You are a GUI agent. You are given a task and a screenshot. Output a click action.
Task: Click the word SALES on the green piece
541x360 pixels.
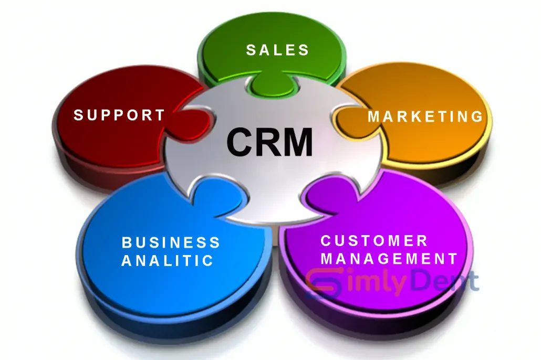(277, 50)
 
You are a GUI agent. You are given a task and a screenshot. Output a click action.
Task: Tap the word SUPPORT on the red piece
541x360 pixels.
(119, 115)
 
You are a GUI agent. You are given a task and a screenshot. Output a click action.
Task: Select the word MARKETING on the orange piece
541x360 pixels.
(425, 117)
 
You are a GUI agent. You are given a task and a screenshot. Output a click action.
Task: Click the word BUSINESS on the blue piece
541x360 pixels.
(171, 242)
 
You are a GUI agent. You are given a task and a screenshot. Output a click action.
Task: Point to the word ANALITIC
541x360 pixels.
(168, 261)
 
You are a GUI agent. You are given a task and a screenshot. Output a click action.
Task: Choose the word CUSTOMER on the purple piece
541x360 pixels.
(374, 241)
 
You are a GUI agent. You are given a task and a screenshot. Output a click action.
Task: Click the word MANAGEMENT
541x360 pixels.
(390, 259)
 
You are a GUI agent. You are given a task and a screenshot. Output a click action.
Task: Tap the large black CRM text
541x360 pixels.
(269, 142)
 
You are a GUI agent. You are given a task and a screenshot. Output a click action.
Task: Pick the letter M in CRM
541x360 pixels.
(298, 142)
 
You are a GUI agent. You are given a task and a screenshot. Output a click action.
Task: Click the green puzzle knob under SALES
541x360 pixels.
(272, 84)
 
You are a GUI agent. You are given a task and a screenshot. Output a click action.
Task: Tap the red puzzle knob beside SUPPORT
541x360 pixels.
(195, 123)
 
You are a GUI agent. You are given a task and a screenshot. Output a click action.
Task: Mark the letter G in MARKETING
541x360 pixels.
(477, 117)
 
